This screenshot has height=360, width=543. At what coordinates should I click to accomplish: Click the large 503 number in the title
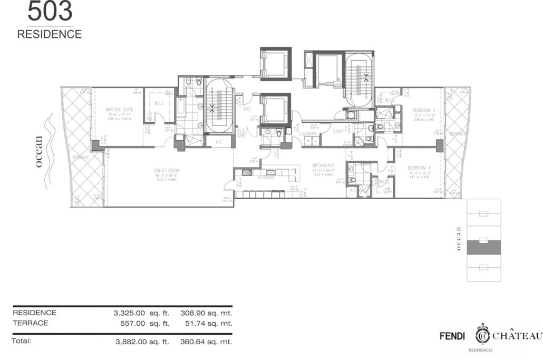tap(50, 12)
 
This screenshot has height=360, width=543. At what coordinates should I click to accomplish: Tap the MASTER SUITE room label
tap(119, 109)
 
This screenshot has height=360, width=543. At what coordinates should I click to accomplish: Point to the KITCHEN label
tap(265, 178)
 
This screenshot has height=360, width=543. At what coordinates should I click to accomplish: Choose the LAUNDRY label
tap(308, 134)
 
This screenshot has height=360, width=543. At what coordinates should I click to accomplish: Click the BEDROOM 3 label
tap(423, 110)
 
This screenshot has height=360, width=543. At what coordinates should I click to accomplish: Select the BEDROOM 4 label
tap(419, 168)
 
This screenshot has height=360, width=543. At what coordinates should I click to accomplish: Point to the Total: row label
tap(22, 341)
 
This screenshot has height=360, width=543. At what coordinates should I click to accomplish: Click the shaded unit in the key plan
tap(483, 247)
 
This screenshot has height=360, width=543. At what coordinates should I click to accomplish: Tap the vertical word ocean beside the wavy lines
tap(38, 151)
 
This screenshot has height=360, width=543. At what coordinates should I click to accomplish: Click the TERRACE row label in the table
tap(30, 323)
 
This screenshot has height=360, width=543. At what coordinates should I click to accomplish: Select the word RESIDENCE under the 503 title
tap(50, 35)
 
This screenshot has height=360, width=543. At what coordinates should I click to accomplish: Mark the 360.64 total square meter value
tap(193, 342)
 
